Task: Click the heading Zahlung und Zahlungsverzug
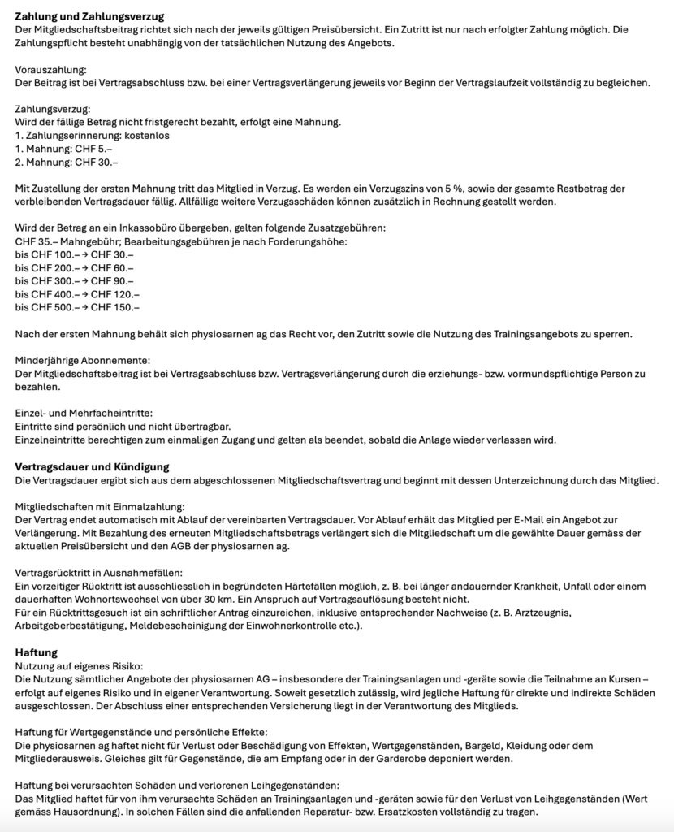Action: (90, 16)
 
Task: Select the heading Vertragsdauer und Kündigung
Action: (92, 466)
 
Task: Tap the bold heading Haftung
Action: (37, 652)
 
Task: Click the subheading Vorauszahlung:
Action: (50, 71)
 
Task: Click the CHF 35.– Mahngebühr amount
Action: (37, 241)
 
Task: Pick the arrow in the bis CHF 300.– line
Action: (85, 281)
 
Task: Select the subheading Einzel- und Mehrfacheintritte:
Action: (84, 414)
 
